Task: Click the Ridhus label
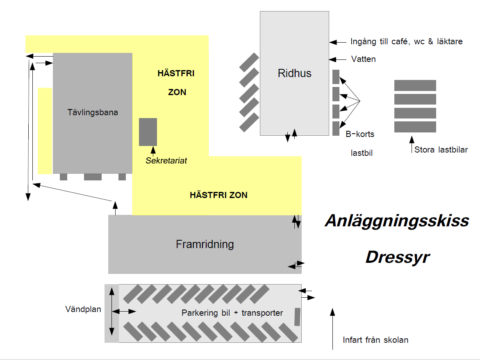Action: tap(294, 73)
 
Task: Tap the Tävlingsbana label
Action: tap(93, 112)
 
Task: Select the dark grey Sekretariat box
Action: tap(148, 132)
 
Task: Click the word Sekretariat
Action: tap(166, 161)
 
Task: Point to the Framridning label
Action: tap(205, 244)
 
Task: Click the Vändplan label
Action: tap(83, 310)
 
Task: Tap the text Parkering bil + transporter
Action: tap(232, 313)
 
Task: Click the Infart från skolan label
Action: tap(375, 340)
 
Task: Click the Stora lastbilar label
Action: tap(441, 150)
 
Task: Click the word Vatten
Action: tap(363, 59)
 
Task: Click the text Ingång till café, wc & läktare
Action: tap(406, 42)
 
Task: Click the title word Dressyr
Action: tap(397, 257)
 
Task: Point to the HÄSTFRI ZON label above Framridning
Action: tap(218, 195)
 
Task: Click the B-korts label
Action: tap(359, 134)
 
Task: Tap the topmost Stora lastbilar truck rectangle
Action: tap(415, 85)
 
